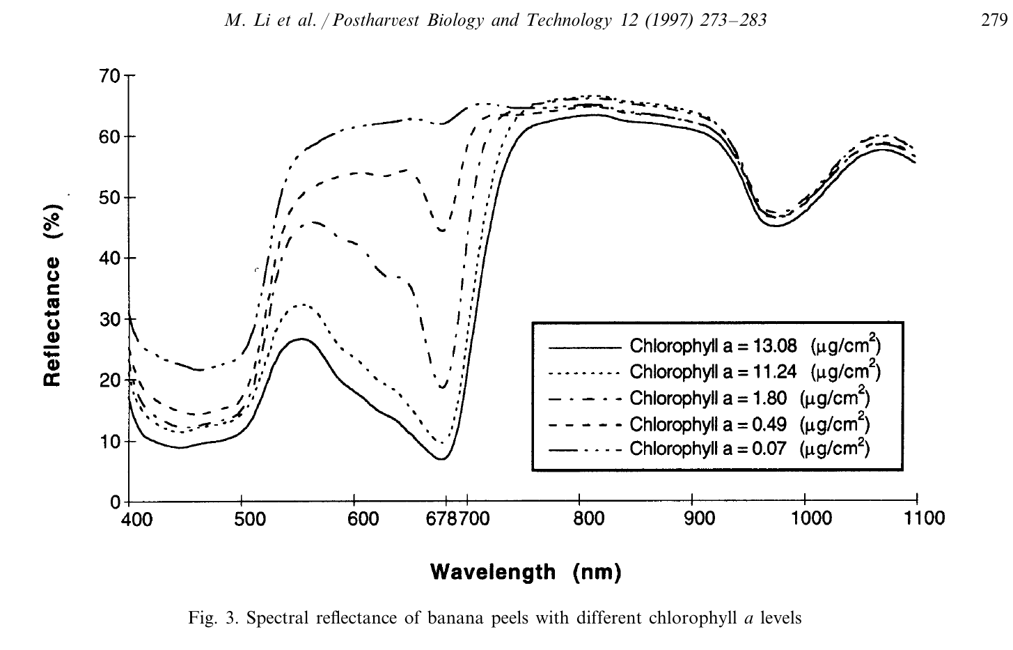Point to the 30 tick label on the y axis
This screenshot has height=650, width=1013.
109,320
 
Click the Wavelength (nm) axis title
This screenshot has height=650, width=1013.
526,573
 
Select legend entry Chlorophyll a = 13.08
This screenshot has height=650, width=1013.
755,346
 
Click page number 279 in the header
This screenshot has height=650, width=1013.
994,21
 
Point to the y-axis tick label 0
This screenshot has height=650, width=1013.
115,502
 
